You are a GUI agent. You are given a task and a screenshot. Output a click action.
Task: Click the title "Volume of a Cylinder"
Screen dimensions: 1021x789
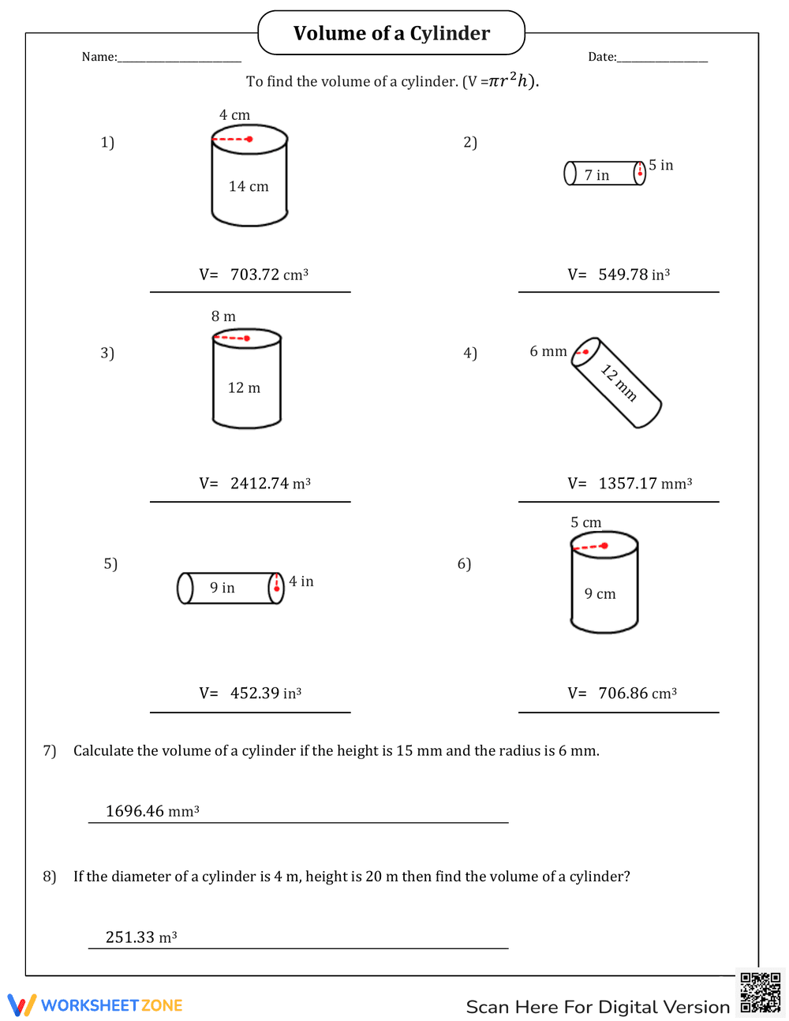[x=391, y=33]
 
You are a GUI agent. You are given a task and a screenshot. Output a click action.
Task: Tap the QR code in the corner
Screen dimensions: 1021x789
[x=761, y=992]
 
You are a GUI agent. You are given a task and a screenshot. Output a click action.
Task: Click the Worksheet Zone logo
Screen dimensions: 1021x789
[x=95, y=1005]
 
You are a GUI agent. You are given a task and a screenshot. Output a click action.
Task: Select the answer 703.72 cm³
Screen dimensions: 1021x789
[x=268, y=275]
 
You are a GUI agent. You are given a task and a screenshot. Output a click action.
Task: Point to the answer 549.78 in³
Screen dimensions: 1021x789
[x=634, y=275]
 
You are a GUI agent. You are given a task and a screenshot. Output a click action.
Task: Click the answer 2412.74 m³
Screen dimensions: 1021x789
[x=270, y=484]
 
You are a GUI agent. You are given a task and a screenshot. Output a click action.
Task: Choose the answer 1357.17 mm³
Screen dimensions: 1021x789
[x=645, y=484]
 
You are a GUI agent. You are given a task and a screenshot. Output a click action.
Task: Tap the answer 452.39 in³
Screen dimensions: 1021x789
[x=265, y=694]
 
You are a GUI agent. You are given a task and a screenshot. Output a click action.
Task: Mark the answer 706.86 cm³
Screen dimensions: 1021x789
[x=637, y=694]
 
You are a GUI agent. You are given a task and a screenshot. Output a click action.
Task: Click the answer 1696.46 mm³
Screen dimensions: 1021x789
[x=152, y=811]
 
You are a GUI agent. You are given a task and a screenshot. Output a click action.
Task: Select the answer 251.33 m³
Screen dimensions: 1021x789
[x=141, y=937]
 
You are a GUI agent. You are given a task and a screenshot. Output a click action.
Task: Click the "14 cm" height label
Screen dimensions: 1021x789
[x=249, y=186]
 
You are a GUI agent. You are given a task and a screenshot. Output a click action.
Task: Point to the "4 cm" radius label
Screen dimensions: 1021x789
[x=234, y=115]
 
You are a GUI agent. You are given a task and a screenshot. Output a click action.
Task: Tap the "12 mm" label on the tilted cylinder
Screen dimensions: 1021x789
[x=619, y=382]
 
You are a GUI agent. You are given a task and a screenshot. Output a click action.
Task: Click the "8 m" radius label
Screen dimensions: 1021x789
[x=223, y=316]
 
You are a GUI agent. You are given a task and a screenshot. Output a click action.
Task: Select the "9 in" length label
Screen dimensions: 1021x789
[x=222, y=588]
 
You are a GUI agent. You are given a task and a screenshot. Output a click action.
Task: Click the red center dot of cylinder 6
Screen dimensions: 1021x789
[x=604, y=545]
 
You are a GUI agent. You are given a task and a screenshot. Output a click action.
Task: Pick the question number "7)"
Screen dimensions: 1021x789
[x=50, y=750]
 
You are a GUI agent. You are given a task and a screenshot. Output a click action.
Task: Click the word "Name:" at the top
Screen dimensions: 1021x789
[x=99, y=57]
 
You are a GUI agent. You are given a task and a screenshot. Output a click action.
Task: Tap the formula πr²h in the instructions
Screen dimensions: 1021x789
[x=512, y=80]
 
